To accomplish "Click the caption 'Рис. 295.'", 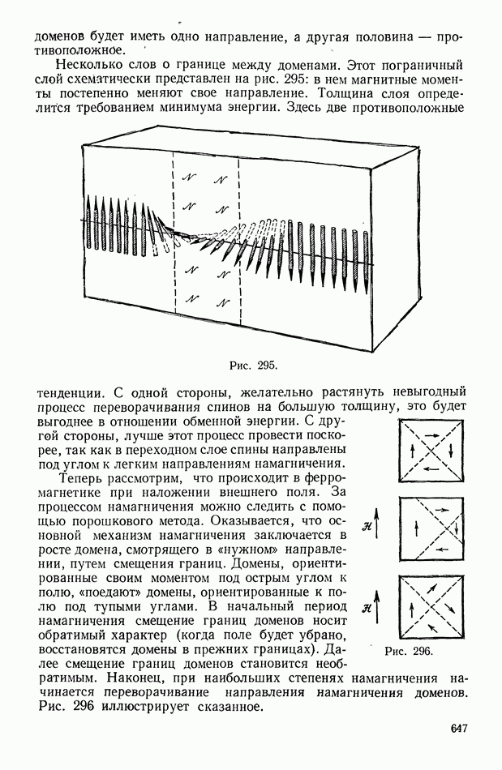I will pyautogui.click(x=254, y=366).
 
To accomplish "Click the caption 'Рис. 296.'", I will pyautogui.click(x=409, y=650).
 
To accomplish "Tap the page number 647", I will pyautogui.click(x=459, y=729).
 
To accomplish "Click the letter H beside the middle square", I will pyautogui.click(x=367, y=528).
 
